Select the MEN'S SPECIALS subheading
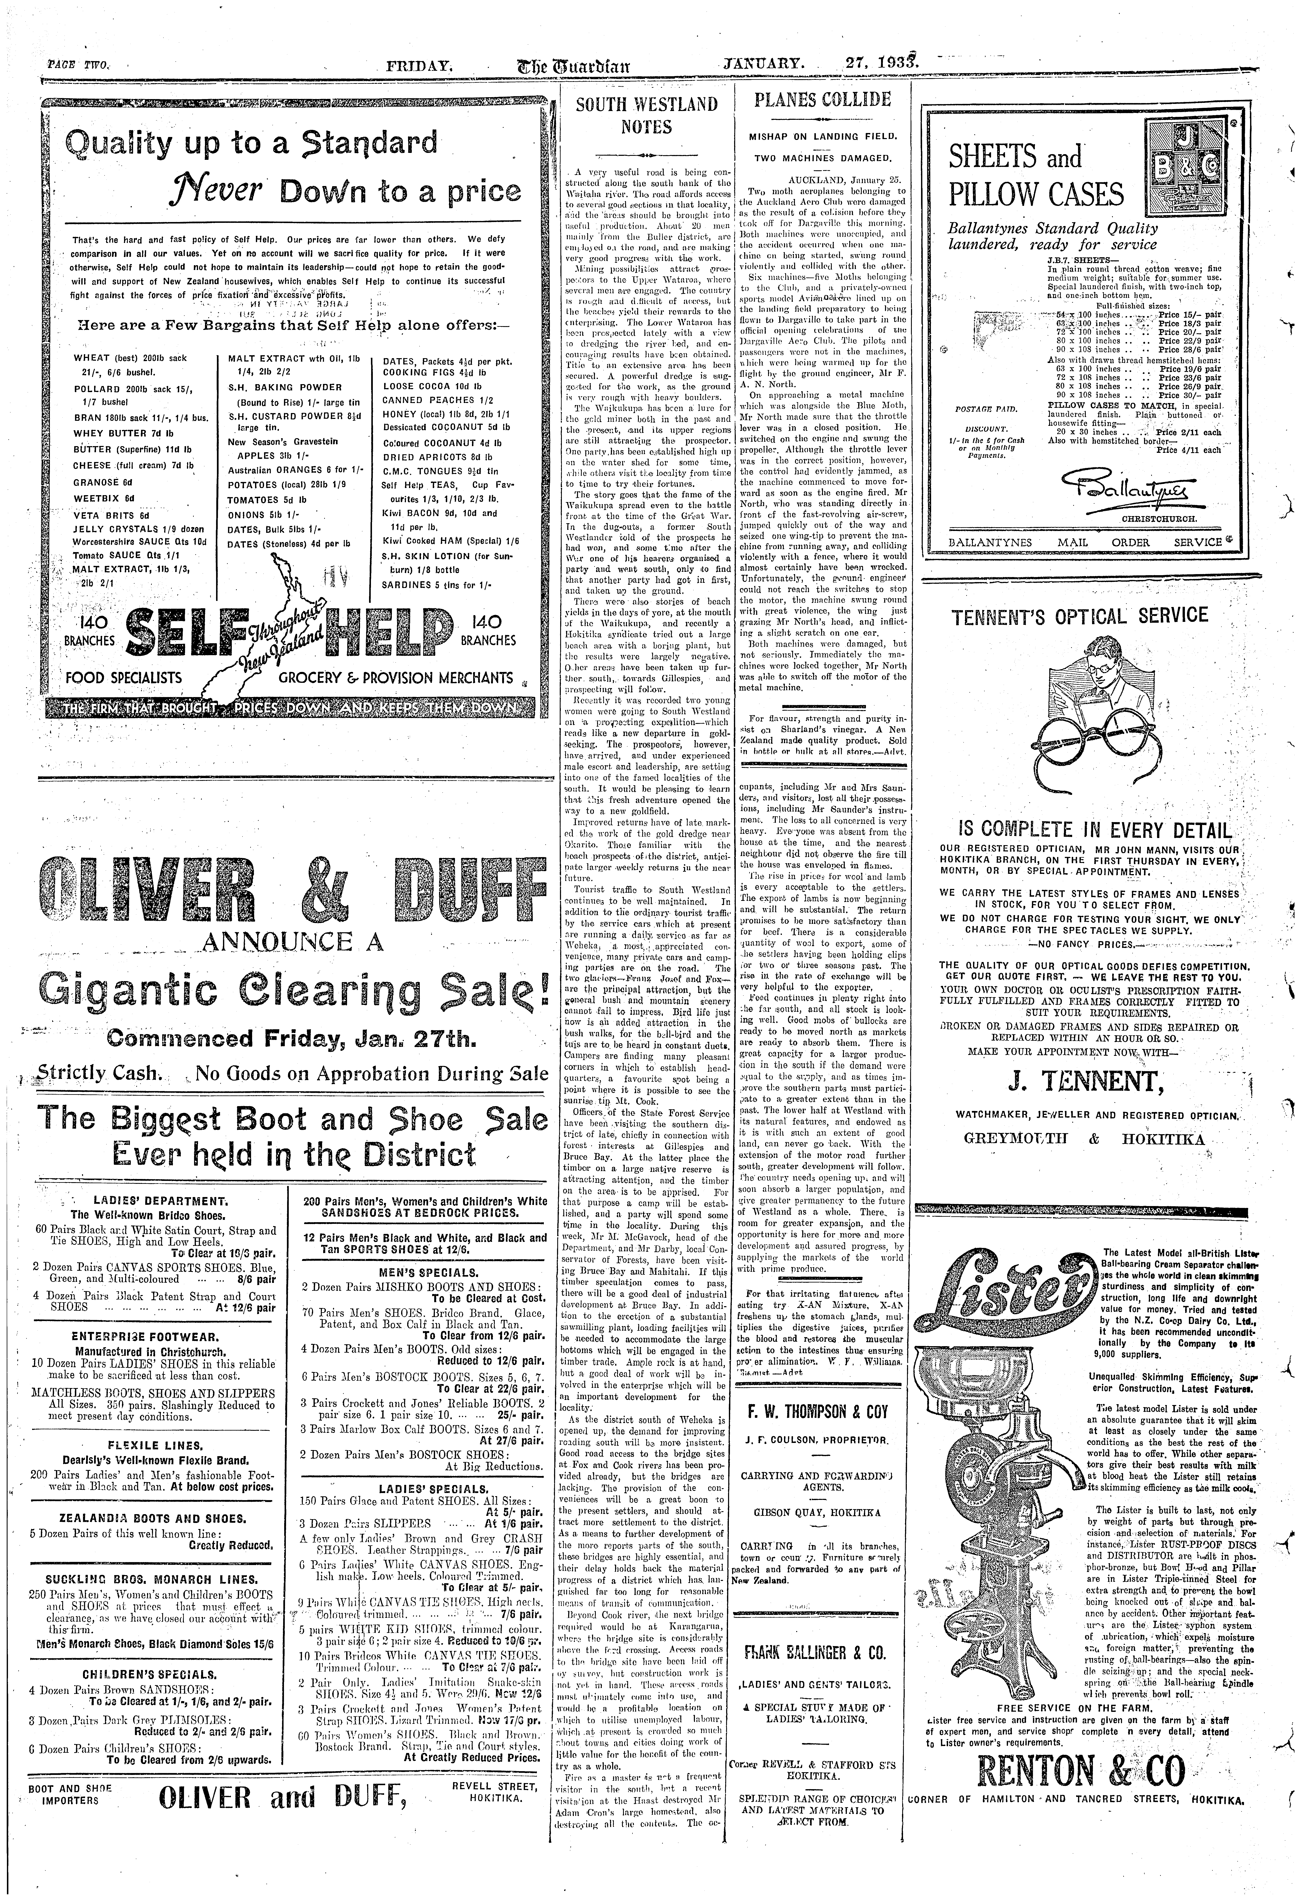[424, 1273]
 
